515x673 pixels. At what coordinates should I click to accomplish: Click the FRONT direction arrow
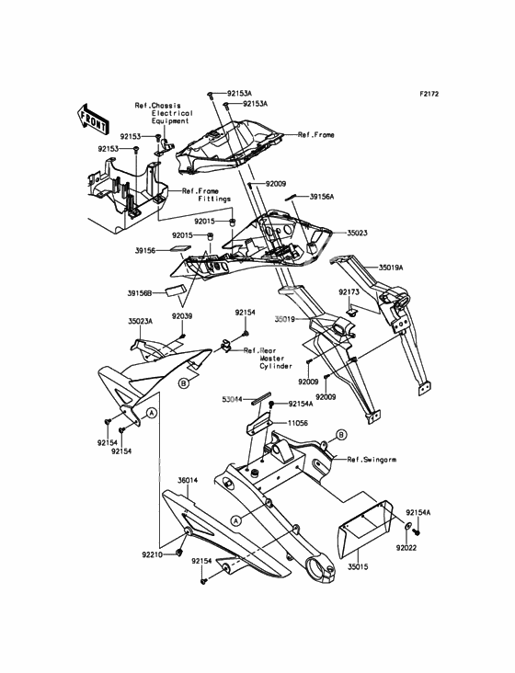click(x=92, y=118)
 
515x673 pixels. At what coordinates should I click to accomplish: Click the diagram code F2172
click(x=429, y=94)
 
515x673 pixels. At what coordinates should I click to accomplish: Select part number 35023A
click(x=141, y=320)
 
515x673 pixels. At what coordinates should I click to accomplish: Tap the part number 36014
click(x=188, y=481)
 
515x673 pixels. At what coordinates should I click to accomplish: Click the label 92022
click(x=406, y=548)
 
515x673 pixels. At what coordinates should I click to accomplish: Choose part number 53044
click(x=232, y=400)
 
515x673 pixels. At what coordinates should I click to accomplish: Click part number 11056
click(x=297, y=423)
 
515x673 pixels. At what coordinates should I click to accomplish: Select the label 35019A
click(x=391, y=268)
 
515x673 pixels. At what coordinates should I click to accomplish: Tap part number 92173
click(x=349, y=291)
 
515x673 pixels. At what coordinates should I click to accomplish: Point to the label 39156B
click(x=140, y=293)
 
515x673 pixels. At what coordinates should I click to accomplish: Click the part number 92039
click(x=182, y=316)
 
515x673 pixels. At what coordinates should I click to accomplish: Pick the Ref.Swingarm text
click(x=372, y=460)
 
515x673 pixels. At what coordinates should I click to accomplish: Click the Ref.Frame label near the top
click(x=315, y=135)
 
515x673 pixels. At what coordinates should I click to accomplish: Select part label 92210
click(x=153, y=554)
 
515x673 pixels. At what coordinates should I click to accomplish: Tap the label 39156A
click(x=322, y=197)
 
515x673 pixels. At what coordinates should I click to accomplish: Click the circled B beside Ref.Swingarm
click(x=341, y=435)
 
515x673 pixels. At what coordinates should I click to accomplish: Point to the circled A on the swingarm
click(x=235, y=520)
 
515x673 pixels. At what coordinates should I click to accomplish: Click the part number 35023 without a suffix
click(x=357, y=233)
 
